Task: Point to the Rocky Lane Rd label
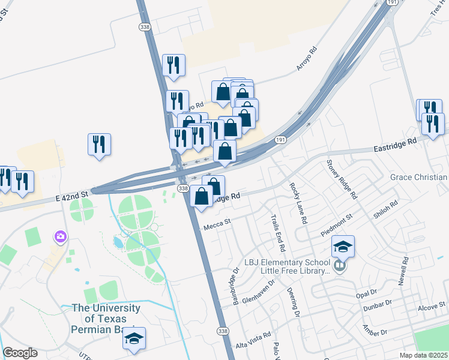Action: [298, 203]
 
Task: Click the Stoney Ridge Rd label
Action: [342, 179]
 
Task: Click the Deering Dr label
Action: [295, 301]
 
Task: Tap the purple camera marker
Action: [60, 237]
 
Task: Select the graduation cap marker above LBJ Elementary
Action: [343, 247]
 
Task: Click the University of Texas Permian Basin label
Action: [106, 319]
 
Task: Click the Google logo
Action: [20, 353]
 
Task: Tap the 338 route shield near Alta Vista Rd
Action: [223, 331]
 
